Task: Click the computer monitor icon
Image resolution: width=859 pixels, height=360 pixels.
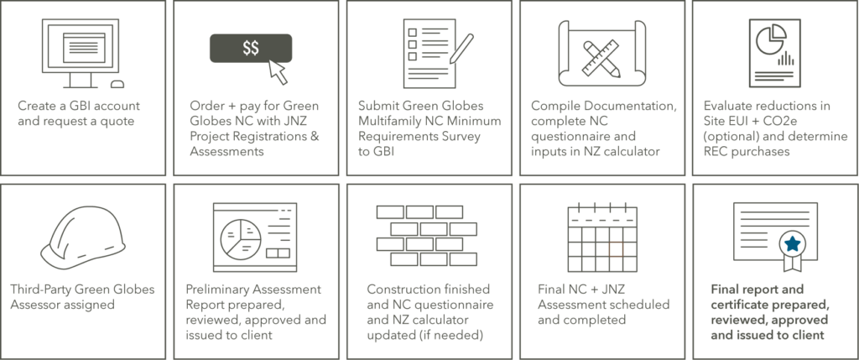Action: pos(78,53)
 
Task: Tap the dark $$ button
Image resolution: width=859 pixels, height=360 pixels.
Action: pos(251,48)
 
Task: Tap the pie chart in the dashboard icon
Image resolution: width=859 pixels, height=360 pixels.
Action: pos(240,239)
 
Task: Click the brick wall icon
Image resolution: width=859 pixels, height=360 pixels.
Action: pos(427,236)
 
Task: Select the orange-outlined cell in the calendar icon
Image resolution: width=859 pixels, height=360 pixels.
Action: pos(616,248)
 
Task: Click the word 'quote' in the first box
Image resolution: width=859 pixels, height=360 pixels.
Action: pos(116,122)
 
